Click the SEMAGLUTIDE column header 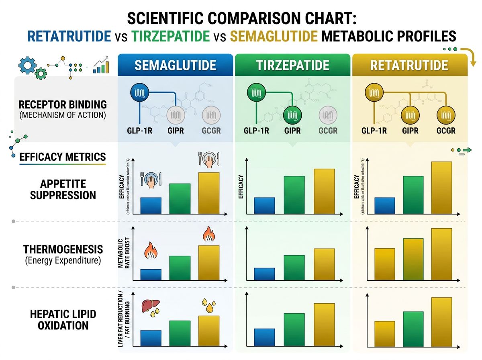tap(175, 65)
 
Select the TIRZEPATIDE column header tap(293, 65)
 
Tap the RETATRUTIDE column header tap(409, 65)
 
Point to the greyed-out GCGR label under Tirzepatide tap(328, 131)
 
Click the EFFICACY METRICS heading tap(63, 157)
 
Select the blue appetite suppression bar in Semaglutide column tap(151, 206)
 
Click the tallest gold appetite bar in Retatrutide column tap(441, 188)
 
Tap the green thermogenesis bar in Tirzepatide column tap(294, 267)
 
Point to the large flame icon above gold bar tap(208, 234)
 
